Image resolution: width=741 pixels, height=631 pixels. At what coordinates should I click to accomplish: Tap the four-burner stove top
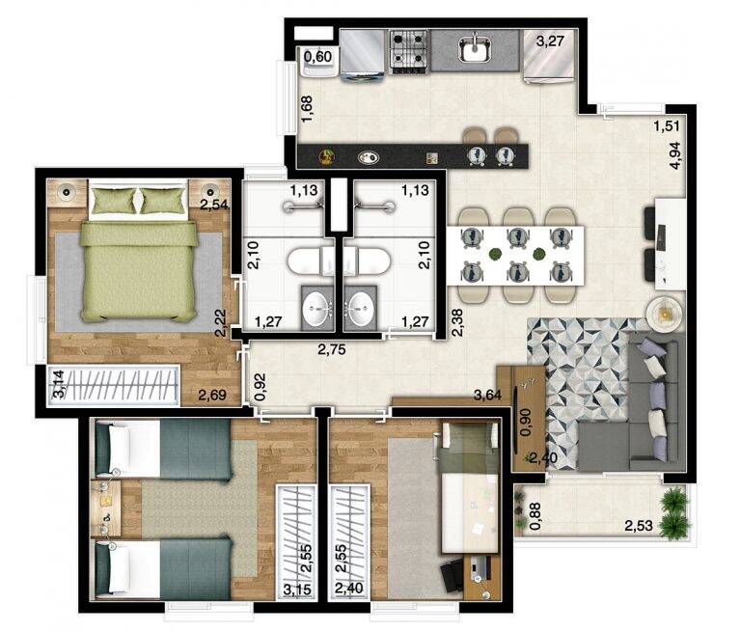[409, 51]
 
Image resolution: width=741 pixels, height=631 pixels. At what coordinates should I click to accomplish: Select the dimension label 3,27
[551, 41]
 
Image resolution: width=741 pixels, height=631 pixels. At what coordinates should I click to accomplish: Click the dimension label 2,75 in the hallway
[331, 349]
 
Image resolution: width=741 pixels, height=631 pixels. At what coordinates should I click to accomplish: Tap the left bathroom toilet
[311, 261]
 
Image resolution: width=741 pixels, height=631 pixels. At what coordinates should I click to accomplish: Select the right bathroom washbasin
[360, 306]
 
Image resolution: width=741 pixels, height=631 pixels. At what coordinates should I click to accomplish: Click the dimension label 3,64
[487, 395]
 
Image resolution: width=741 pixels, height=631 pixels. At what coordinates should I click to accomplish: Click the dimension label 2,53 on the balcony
[639, 526]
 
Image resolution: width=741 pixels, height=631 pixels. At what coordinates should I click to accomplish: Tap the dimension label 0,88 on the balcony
[535, 516]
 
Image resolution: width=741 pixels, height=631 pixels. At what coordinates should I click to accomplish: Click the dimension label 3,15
[297, 590]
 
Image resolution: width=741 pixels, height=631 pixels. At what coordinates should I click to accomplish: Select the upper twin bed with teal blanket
[163, 450]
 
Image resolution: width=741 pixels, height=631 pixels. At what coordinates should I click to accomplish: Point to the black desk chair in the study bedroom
[453, 575]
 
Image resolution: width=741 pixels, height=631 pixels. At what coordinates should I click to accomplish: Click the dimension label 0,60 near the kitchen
[317, 57]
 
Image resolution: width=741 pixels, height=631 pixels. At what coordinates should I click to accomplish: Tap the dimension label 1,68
[306, 109]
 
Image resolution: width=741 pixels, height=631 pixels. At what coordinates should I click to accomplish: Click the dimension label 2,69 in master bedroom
[211, 395]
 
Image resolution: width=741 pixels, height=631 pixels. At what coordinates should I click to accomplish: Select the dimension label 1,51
[667, 125]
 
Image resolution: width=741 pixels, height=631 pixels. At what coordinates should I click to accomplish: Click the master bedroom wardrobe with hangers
[114, 385]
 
